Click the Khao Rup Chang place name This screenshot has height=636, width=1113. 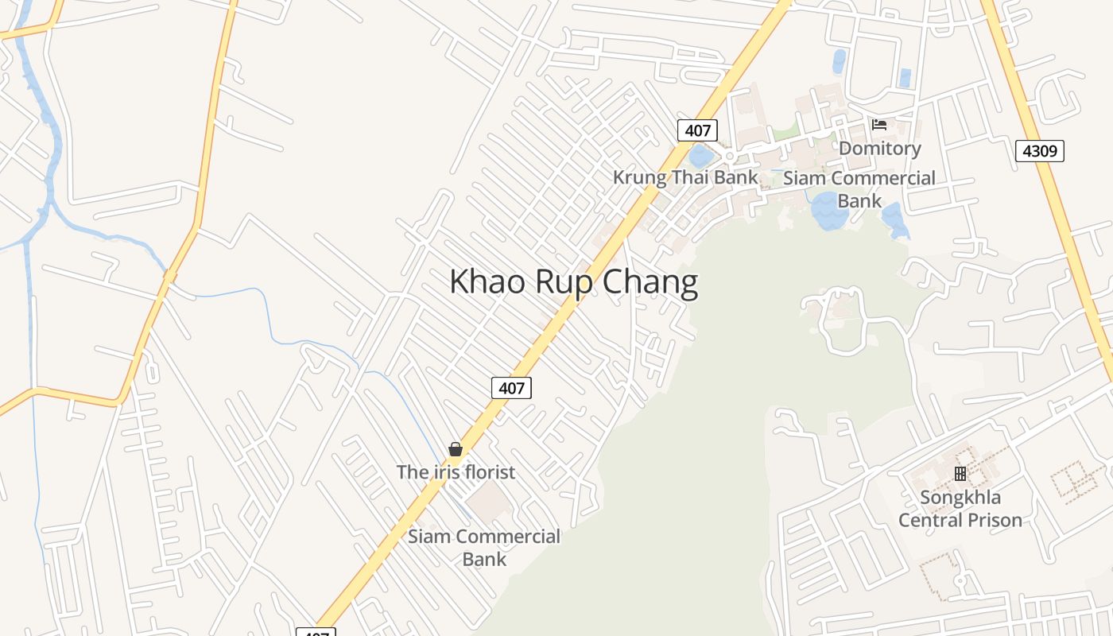[573, 282]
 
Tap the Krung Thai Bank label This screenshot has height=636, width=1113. [685, 177]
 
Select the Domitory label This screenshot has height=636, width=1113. [879, 149]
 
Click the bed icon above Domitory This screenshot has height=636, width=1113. [879, 125]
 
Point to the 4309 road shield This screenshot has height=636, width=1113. [1039, 150]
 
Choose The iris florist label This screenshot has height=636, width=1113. [456, 472]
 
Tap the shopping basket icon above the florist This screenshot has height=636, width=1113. [456, 449]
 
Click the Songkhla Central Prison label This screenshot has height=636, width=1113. [960, 509]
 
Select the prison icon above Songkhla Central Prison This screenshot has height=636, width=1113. [960, 474]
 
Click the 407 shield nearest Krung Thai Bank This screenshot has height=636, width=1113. [697, 130]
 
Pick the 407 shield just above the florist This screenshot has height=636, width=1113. [511, 388]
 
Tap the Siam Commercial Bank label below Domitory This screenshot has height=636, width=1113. [859, 189]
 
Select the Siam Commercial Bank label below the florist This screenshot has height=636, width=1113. [484, 548]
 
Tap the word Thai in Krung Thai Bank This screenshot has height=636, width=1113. [690, 177]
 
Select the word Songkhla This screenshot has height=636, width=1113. [960, 498]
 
